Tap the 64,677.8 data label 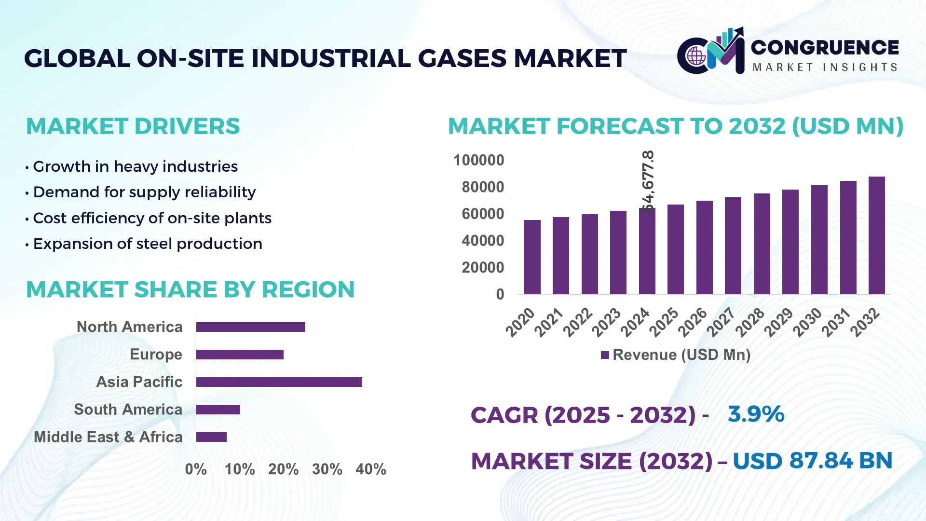click(648, 181)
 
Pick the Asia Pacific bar click(279, 382)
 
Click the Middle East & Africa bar click(211, 437)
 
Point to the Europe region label click(156, 355)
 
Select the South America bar click(218, 410)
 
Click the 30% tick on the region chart click(327, 469)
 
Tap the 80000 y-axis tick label click(482, 187)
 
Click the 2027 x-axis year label click(721, 322)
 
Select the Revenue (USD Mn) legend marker click(605, 355)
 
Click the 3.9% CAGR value click(756, 414)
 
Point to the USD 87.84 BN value click(812, 461)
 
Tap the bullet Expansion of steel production click(148, 244)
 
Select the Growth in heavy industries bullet click(135, 166)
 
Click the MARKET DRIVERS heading click(133, 126)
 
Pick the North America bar click(250, 327)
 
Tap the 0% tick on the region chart click(196, 469)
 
